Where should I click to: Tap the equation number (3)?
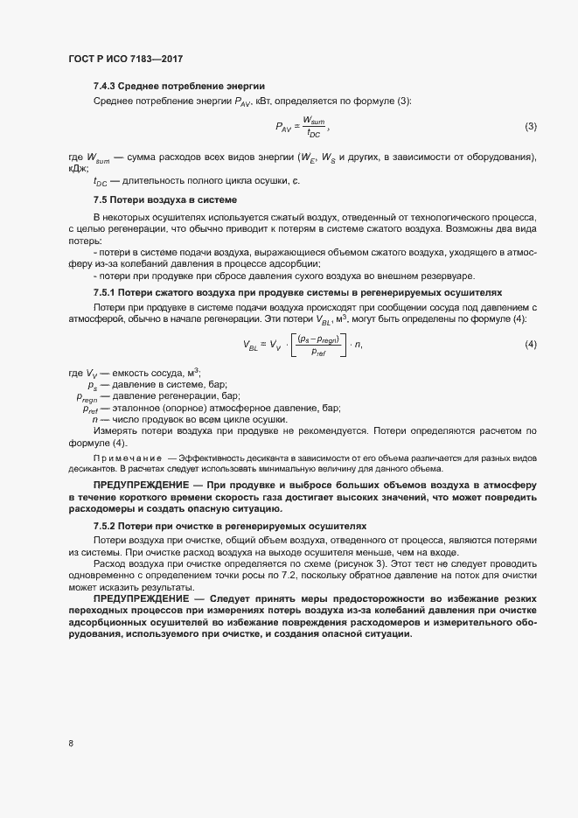(x=530, y=127)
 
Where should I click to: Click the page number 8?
(x=70, y=743)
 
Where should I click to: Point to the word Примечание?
(x=127, y=458)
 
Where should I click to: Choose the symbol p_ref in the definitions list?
(x=91, y=408)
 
